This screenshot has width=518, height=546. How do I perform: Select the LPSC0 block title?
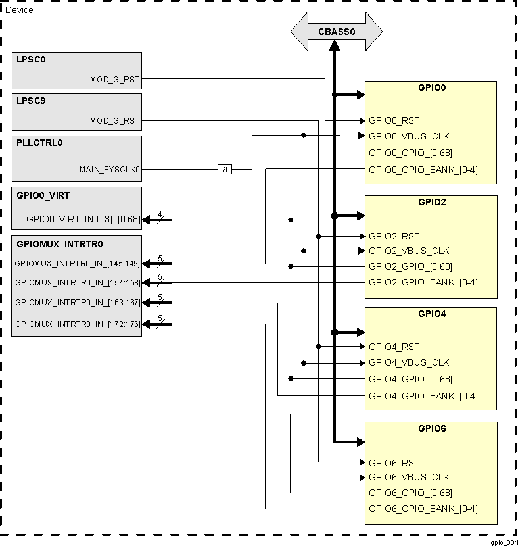(32, 59)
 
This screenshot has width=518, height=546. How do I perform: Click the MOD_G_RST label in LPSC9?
(114, 120)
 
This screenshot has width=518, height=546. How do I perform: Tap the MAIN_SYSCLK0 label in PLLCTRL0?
(110, 169)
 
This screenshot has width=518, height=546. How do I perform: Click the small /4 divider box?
(225, 170)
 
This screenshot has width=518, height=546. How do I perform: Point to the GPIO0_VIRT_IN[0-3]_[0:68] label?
(83, 220)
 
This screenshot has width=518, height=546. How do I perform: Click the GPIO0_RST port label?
(394, 120)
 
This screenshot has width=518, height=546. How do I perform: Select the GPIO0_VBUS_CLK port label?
(409, 136)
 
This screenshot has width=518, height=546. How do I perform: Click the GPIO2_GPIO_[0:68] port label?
(410, 266)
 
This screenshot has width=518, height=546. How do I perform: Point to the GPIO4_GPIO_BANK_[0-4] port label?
(423, 396)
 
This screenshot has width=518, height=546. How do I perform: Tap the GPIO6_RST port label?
(394, 463)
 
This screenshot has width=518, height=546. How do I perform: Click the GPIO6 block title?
(431, 428)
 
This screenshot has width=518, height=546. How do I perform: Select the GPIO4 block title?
(431, 314)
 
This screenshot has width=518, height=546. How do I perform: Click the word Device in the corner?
(19, 10)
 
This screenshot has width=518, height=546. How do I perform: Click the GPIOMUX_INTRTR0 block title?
(59, 244)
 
